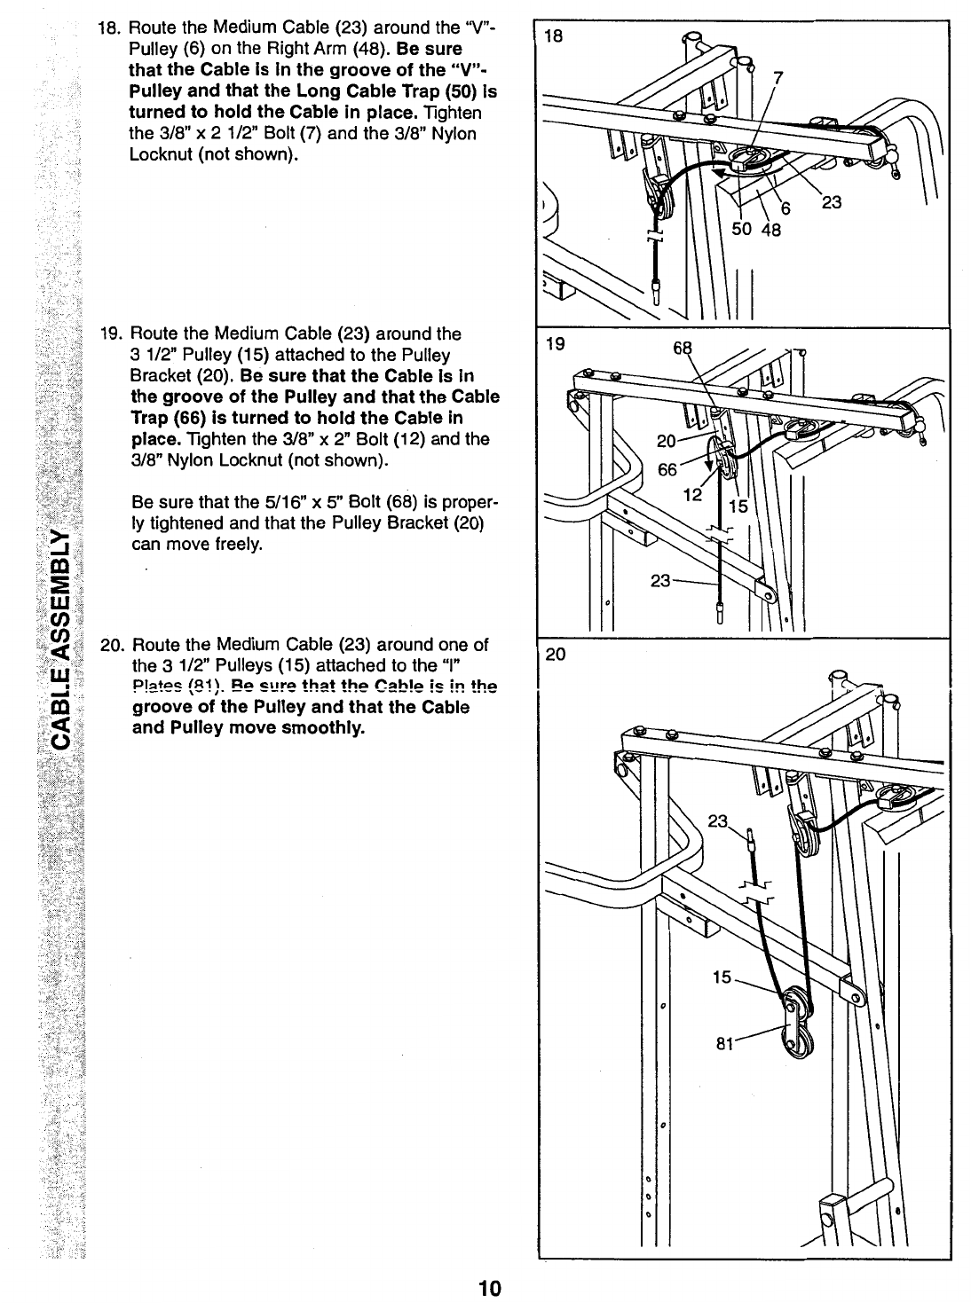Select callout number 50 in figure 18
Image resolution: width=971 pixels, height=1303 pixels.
(x=741, y=229)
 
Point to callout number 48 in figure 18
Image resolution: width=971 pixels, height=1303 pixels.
(x=769, y=229)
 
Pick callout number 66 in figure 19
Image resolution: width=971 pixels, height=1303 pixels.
(x=667, y=469)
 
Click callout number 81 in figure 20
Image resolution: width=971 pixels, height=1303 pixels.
(x=726, y=1044)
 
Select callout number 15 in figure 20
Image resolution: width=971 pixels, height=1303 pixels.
(x=723, y=977)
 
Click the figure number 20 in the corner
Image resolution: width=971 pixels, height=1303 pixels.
(x=556, y=655)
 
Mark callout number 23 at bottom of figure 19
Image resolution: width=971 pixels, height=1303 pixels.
(x=661, y=580)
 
